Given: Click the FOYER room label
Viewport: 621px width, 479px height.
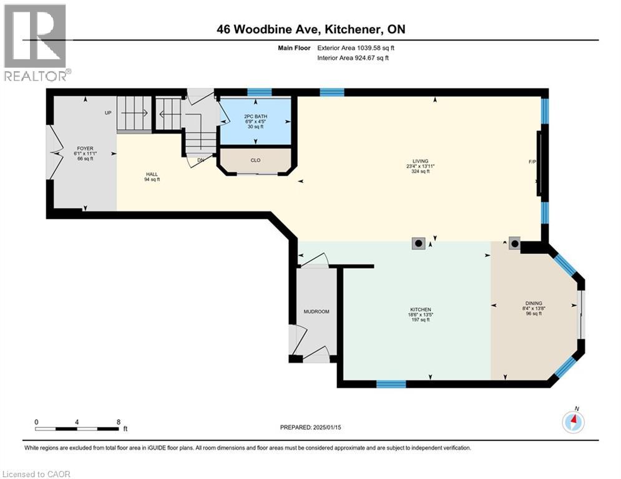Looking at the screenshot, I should [85, 148].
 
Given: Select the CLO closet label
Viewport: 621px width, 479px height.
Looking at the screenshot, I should [255, 160].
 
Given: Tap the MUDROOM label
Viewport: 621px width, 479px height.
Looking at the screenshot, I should [316, 311].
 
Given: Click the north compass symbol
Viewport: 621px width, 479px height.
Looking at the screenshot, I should [572, 422].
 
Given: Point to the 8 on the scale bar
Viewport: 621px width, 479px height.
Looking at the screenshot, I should [119, 422].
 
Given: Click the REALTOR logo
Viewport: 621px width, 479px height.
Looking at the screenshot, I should [36, 42].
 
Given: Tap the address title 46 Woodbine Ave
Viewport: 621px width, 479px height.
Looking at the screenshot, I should [310, 29].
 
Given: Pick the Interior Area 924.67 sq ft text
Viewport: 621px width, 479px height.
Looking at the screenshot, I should [353, 58].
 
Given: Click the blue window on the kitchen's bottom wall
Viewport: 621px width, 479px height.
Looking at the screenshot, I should [391, 384].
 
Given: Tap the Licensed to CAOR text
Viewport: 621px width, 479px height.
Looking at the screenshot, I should [37, 474].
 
